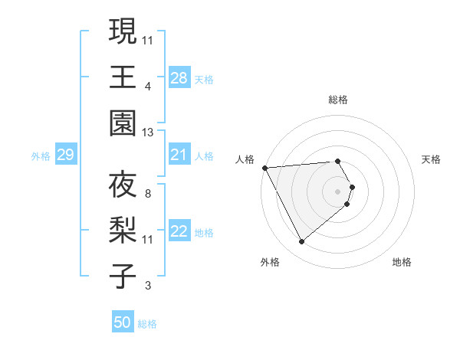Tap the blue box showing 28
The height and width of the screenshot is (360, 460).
[x=179, y=77]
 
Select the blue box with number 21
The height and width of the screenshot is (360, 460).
[x=179, y=155]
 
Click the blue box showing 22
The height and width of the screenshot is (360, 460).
[x=179, y=232]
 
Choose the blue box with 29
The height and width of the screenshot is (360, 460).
[x=65, y=155]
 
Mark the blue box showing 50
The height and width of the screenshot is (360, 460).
[x=123, y=322]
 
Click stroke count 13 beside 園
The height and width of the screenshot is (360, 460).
[x=148, y=133]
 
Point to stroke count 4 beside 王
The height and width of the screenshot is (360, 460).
[x=147, y=86]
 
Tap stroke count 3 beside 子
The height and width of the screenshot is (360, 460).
[x=147, y=286]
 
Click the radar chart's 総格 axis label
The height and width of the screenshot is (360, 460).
[x=338, y=100]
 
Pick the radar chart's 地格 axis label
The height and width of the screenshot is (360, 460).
[x=402, y=262]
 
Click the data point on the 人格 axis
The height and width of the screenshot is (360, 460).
[x=265, y=168]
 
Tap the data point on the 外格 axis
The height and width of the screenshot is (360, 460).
[x=301, y=242]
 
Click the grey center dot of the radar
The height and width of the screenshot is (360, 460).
[x=338, y=191]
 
